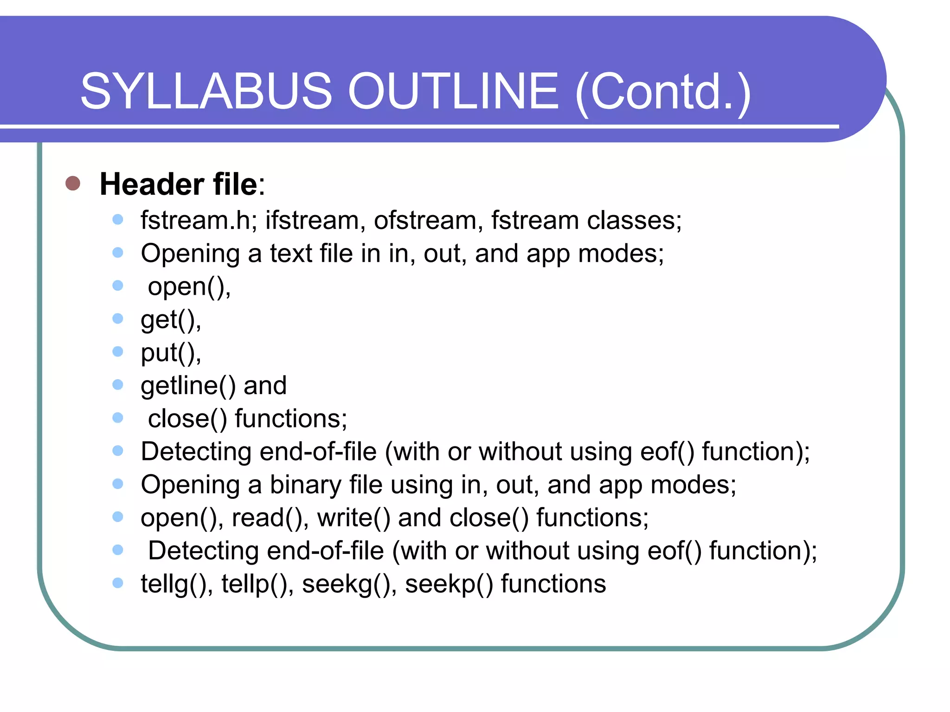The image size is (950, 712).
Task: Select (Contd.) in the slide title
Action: pos(663,92)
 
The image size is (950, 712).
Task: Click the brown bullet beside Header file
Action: pos(73,184)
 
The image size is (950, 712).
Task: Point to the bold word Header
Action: pos(152,184)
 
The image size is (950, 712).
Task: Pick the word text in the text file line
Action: pos(291,254)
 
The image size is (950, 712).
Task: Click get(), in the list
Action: pos(171,320)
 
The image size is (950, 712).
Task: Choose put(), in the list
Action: pos(171,353)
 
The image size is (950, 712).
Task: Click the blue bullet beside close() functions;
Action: pos(118,418)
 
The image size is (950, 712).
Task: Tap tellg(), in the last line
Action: pos(177,584)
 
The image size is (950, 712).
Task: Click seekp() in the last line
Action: pos(449,584)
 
